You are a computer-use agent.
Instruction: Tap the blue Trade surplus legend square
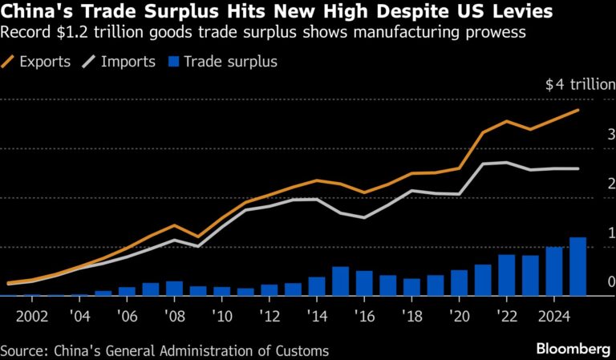click(x=172, y=61)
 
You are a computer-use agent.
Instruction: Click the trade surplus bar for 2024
click(x=554, y=271)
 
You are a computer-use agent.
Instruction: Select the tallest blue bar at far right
click(x=578, y=266)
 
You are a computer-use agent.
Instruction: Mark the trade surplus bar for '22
click(x=507, y=275)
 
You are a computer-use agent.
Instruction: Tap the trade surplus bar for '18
click(x=411, y=287)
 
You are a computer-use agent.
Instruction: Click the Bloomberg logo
click(x=571, y=350)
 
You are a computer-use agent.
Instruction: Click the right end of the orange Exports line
click(x=578, y=110)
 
